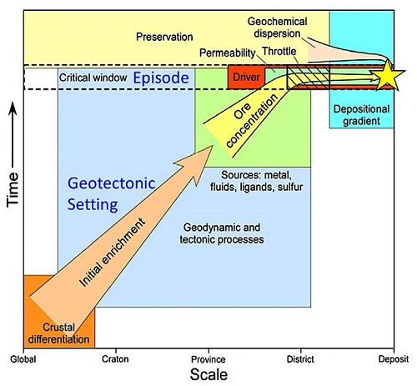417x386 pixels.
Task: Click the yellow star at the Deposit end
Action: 387,76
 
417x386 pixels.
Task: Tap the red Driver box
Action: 246,78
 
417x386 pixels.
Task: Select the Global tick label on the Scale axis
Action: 23,359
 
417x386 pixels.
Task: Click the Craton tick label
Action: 115,359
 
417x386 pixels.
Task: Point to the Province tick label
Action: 208,359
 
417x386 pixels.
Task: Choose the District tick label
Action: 300,359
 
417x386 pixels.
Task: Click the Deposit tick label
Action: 394,359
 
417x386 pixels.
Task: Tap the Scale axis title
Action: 208,374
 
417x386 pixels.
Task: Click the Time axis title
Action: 13,189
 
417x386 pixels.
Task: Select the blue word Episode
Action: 161,78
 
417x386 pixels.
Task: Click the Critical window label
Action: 93,78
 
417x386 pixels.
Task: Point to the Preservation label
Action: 164,37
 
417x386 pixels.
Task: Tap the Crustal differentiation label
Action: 58,333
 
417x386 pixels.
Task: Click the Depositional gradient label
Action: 362,115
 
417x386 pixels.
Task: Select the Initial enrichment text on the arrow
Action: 112,253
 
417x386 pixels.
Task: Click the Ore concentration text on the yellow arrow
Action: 252,120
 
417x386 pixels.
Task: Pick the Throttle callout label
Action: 279,52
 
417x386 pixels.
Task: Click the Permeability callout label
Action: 228,53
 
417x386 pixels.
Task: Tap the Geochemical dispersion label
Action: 277,28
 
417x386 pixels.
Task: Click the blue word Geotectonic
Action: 112,183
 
